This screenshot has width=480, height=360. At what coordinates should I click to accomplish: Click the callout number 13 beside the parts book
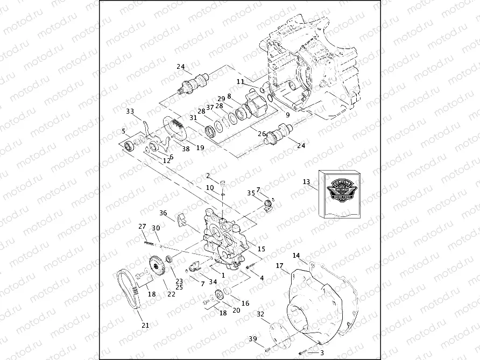306,182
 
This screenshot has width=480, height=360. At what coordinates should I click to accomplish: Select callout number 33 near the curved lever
130,111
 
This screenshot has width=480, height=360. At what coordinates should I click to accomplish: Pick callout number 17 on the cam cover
279,266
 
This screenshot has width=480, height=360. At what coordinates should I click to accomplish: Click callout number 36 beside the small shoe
164,213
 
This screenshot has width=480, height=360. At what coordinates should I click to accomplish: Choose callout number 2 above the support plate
208,175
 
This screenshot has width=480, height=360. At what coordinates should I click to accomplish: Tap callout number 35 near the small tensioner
250,192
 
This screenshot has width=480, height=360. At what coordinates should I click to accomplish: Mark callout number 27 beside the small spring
143,225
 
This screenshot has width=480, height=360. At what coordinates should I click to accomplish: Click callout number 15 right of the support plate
262,249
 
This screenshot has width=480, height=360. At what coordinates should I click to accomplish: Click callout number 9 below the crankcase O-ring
287,115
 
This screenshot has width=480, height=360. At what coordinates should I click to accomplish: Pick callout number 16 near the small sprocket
245,303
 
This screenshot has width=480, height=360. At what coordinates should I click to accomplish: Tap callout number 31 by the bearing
193,118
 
